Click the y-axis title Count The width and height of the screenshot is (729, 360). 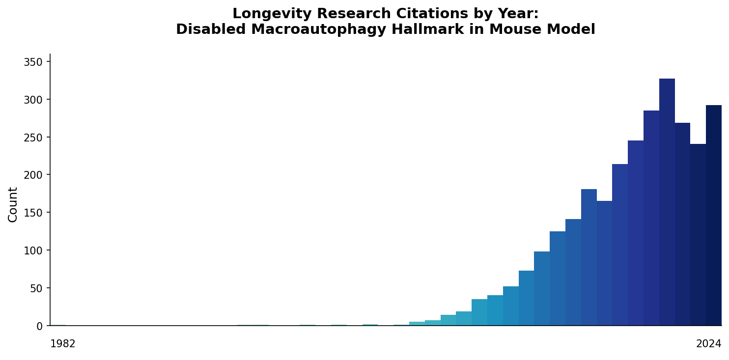click(13, 204)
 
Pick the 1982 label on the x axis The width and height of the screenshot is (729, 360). click(63, 344)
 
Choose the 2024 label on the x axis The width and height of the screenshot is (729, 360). click(708, 344)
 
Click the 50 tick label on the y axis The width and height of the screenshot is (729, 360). click(36, 288)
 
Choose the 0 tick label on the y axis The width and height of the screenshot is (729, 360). click(40, 326)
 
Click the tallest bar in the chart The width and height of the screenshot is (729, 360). click(667, 202)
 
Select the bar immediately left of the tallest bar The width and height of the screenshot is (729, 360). click(651, 218)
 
